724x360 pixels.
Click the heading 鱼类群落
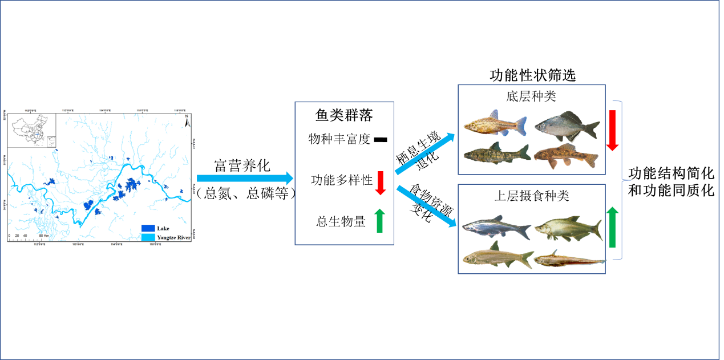pyautogui.click(x=344, y=116)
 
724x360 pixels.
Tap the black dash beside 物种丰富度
pyautogui.click(x=381, y=139)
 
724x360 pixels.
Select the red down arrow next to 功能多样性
pyautogui.click(x=381, y=182)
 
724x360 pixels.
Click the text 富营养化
pyautogui.click(x=242, y=165)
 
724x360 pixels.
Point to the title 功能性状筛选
pyautogui.click(x=533, y=75)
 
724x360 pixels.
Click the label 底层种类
pyautogui.click(x=531, y=96)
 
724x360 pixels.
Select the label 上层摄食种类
pyautogui.click(x=531, y=196)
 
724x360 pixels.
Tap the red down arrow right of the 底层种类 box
pyautogui.click(x=612, y=131)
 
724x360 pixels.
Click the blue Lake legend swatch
pyautogui.click(x=148, y=228)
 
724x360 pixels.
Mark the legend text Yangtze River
pyautogui.click(x=173, y=236)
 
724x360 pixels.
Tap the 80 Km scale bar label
pyautogui.click(x=42, y=235)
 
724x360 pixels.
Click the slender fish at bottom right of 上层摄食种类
pyautogui.click(x=568, y=260)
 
